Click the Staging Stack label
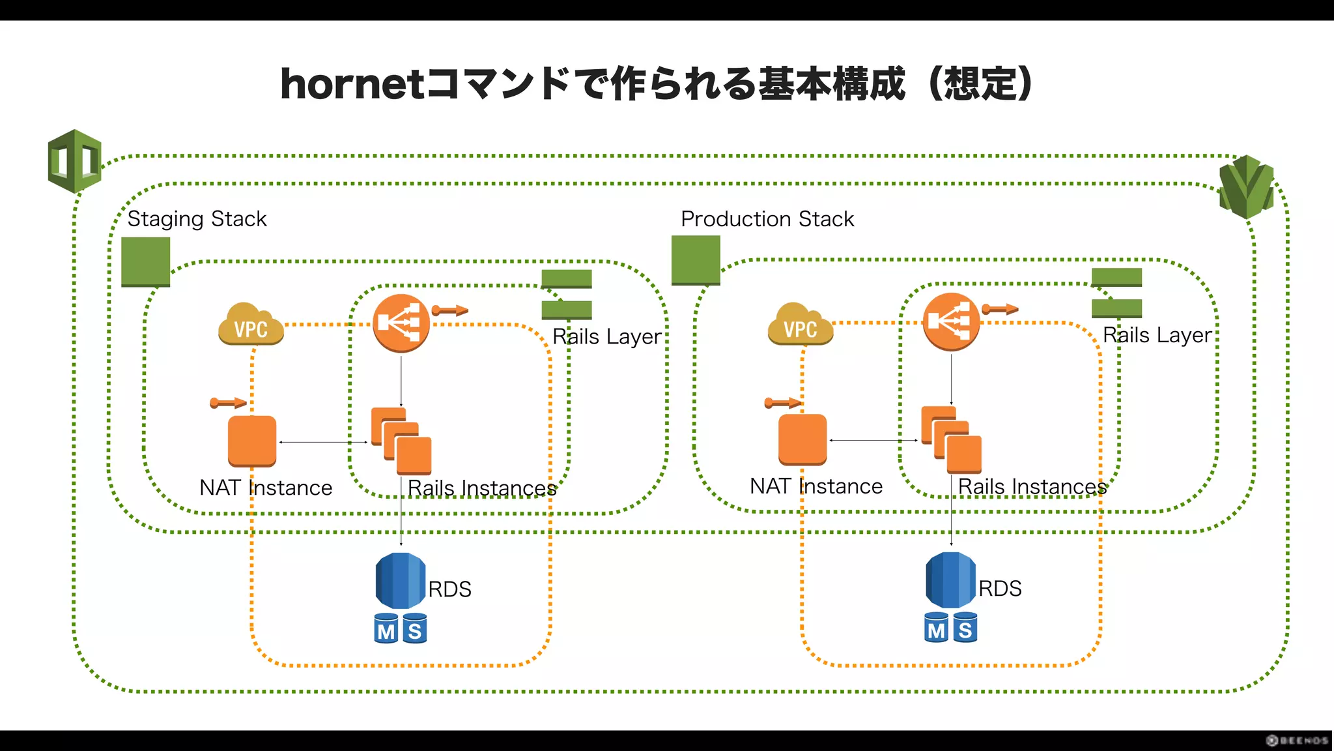(197, 219)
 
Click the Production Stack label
(767, 219)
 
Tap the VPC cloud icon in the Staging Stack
(251, 324)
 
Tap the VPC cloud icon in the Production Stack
(801, 324)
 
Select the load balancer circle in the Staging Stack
(401, 323)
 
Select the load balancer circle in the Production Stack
(951, 322)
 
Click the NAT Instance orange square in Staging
(252, 441)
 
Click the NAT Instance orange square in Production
(802, 439)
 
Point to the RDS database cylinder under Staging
(400, 580)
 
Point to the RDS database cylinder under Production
(950, 580)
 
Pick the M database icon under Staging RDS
(386, 628)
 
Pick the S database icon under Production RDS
(965, 628)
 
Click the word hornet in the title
(352, 85)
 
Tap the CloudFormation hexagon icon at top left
(75, 161)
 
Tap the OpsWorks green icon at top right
(1246, 187)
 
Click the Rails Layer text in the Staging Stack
(606, 337)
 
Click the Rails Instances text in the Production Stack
(1032, 487)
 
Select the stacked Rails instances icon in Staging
(401, 441)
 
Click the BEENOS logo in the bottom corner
(1297, 740)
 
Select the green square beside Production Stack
(696, 260)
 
